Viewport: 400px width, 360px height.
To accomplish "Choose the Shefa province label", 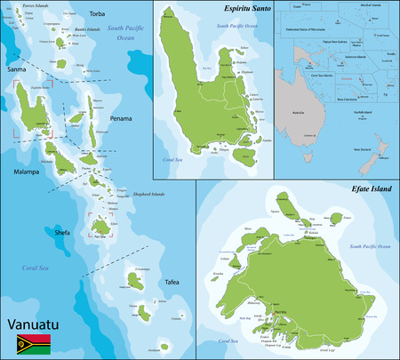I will pos(62,232).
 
